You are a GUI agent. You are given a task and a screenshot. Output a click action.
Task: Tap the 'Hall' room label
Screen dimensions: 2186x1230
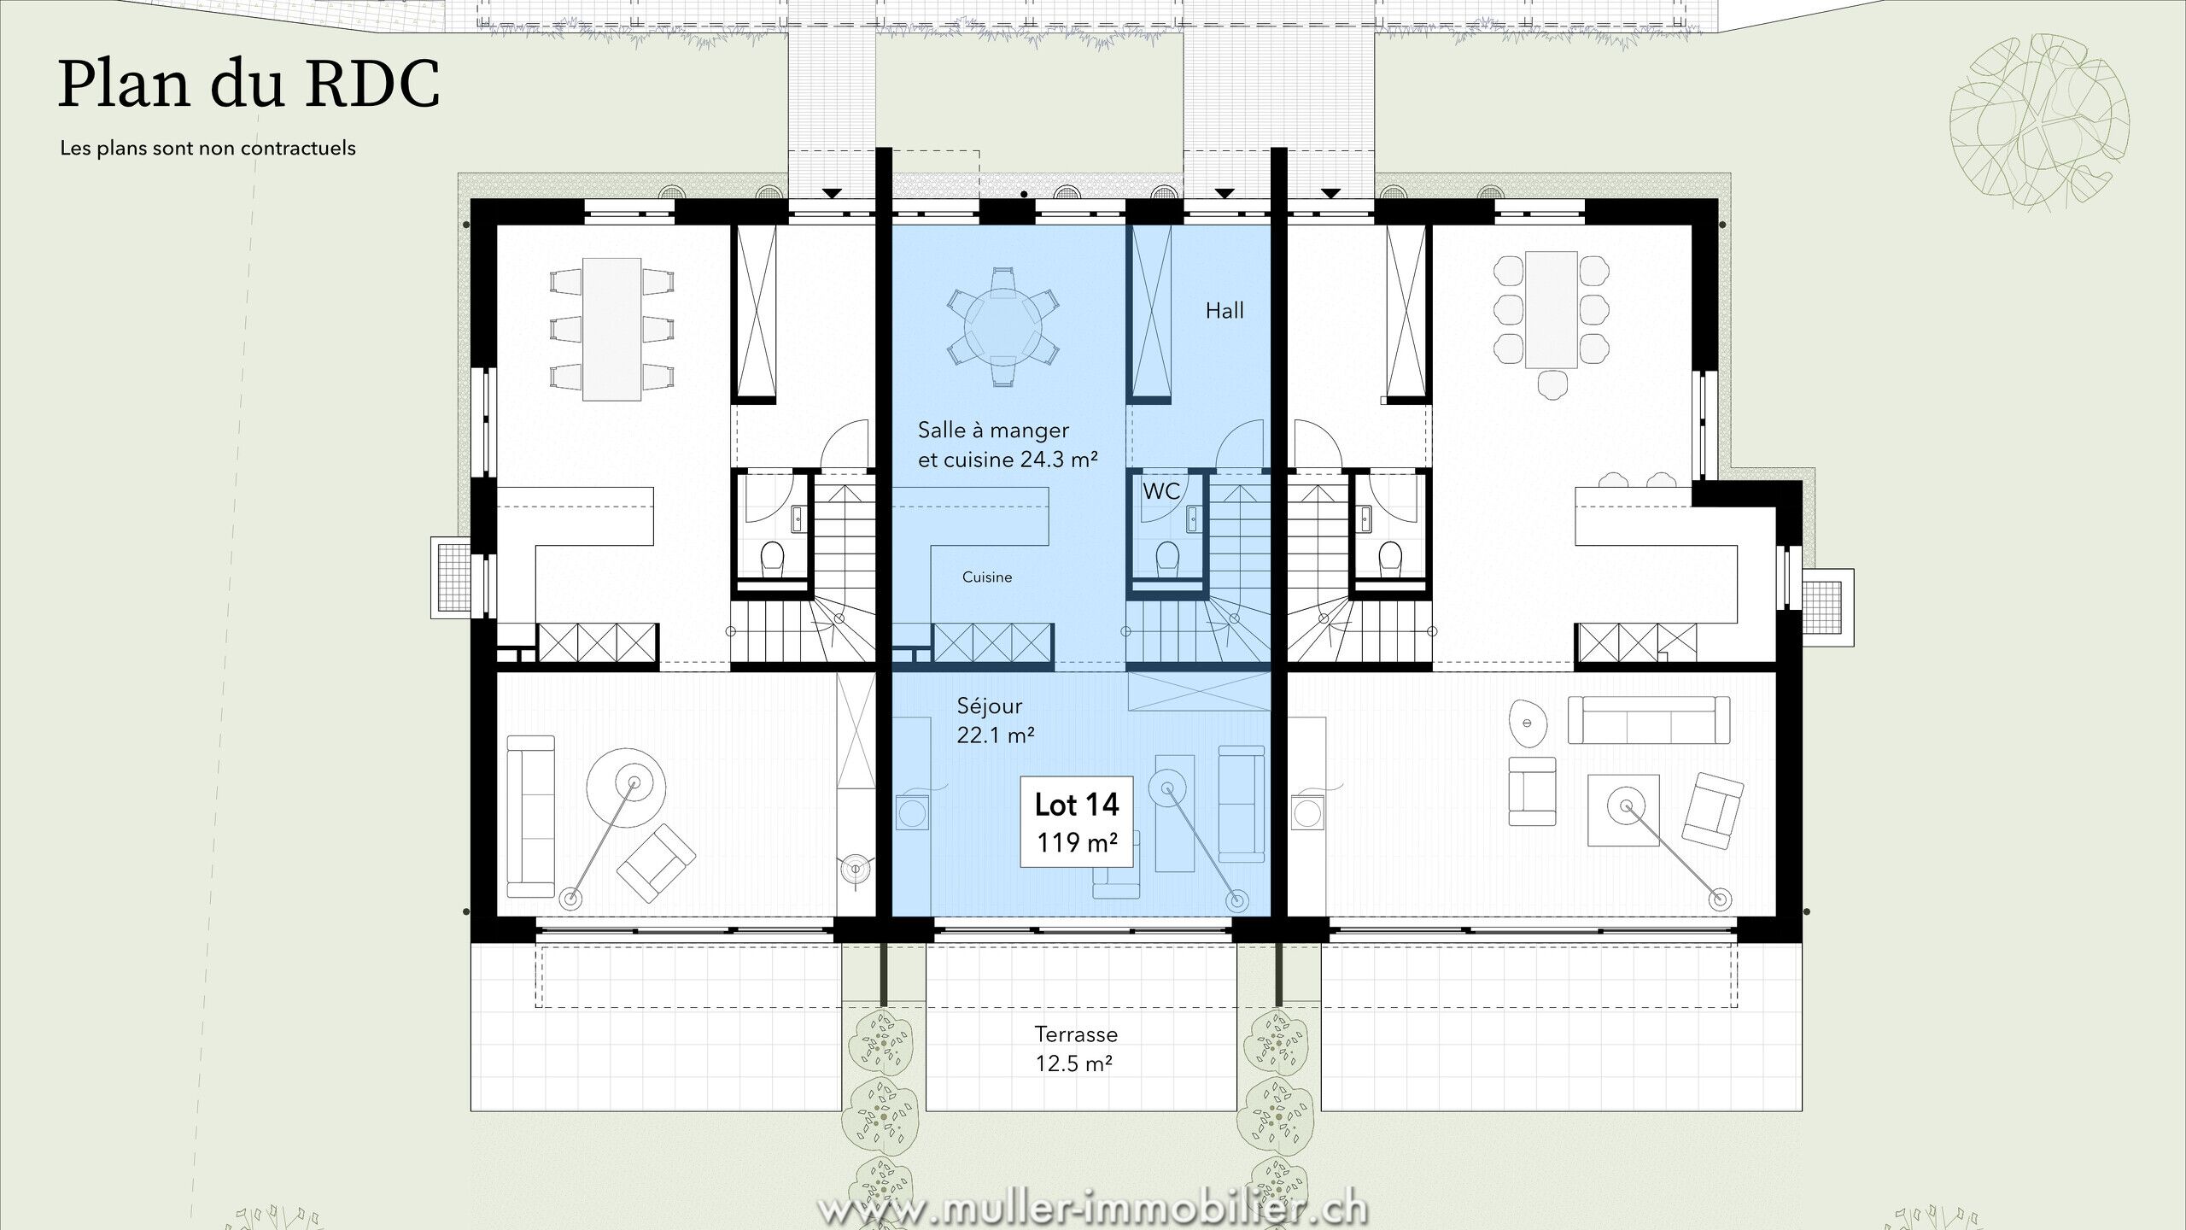[1225, 311]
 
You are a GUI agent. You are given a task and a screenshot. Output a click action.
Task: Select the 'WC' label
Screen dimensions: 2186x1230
[1161, 491]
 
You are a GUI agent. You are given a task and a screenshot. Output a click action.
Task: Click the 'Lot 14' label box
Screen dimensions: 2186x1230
[1076, 822]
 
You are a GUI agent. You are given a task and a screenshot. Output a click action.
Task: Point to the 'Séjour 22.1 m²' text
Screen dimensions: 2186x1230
[996, 718]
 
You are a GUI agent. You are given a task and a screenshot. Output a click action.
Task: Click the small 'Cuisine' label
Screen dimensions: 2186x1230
[987, 577]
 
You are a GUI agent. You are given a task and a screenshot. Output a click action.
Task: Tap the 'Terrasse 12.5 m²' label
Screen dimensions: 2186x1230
[1075, 1048]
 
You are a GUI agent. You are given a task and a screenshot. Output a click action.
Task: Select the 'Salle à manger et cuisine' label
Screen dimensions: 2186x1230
[1007, 445]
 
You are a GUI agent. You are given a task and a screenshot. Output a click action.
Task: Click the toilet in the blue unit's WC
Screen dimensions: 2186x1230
[1167, 559]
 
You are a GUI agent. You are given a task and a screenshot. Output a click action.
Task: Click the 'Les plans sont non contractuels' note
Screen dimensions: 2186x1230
[207, 149]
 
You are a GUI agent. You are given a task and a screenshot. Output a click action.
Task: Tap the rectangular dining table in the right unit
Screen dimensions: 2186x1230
[1551, 309]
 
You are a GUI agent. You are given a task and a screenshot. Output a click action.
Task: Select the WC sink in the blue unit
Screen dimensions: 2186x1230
[1193, 518]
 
